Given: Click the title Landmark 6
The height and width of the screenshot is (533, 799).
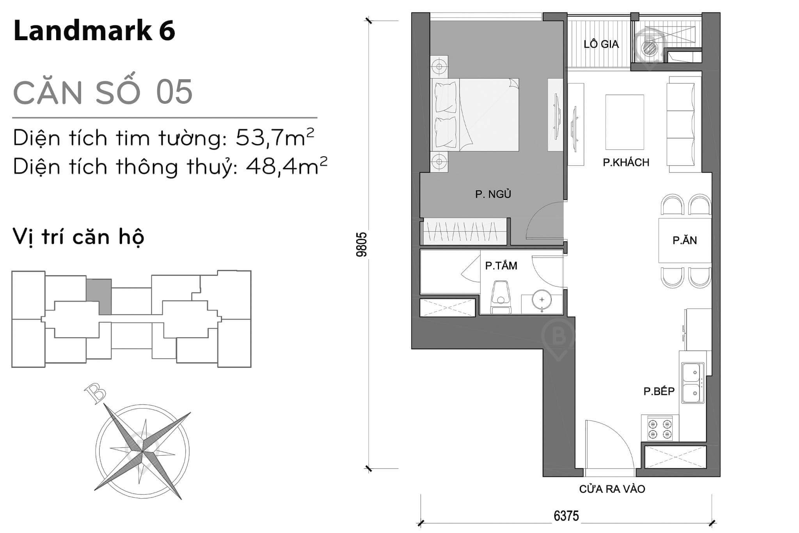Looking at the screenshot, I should [x=94, y=31].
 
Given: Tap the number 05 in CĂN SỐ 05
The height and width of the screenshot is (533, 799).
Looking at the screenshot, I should [x=174, y=92].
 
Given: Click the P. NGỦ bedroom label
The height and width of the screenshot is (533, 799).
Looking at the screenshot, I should [x=493, y=194].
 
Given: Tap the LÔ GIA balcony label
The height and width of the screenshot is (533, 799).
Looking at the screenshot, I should [x=601, y=44].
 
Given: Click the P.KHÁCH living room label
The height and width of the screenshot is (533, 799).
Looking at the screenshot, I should [x=626, y=162].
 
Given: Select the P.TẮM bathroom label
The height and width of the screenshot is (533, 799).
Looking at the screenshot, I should [x=501, y=266].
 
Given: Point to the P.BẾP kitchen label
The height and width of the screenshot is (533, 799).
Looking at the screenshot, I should [x=659, y=391].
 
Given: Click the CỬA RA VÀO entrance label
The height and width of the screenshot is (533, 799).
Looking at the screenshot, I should [x=612, y=489].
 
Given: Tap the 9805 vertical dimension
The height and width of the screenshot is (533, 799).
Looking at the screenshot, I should [x=362, y=244].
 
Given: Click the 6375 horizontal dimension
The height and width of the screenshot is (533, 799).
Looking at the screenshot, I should [x=566, y=516].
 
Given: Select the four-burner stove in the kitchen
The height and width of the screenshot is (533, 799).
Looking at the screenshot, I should [x=660, y=428].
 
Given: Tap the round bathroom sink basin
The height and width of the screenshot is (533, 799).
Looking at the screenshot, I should [x=542, y=300].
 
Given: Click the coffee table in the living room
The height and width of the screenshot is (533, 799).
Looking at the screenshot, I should [x=624, y=122].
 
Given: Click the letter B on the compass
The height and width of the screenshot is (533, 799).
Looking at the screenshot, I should [x=95, y=393].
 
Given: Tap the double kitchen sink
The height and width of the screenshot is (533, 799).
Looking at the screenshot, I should [x=692, y=383].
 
